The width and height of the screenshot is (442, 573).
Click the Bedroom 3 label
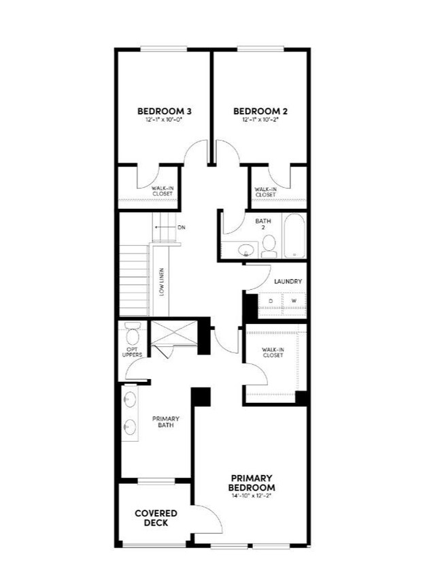point(164,111)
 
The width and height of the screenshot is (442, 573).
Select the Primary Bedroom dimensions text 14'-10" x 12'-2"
point(252,496)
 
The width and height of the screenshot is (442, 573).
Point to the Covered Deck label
point(156,518)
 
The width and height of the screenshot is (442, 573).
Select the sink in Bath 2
point(245,251)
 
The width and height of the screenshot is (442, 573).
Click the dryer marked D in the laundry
point(270,301)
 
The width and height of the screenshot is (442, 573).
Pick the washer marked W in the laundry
point(294,301)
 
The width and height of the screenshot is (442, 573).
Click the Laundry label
point(288,281)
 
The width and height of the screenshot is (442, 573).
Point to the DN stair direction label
point(181,227)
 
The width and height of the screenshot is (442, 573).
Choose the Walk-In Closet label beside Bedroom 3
point(162,192)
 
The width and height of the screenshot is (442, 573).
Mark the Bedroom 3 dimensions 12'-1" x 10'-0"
point(164,120)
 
